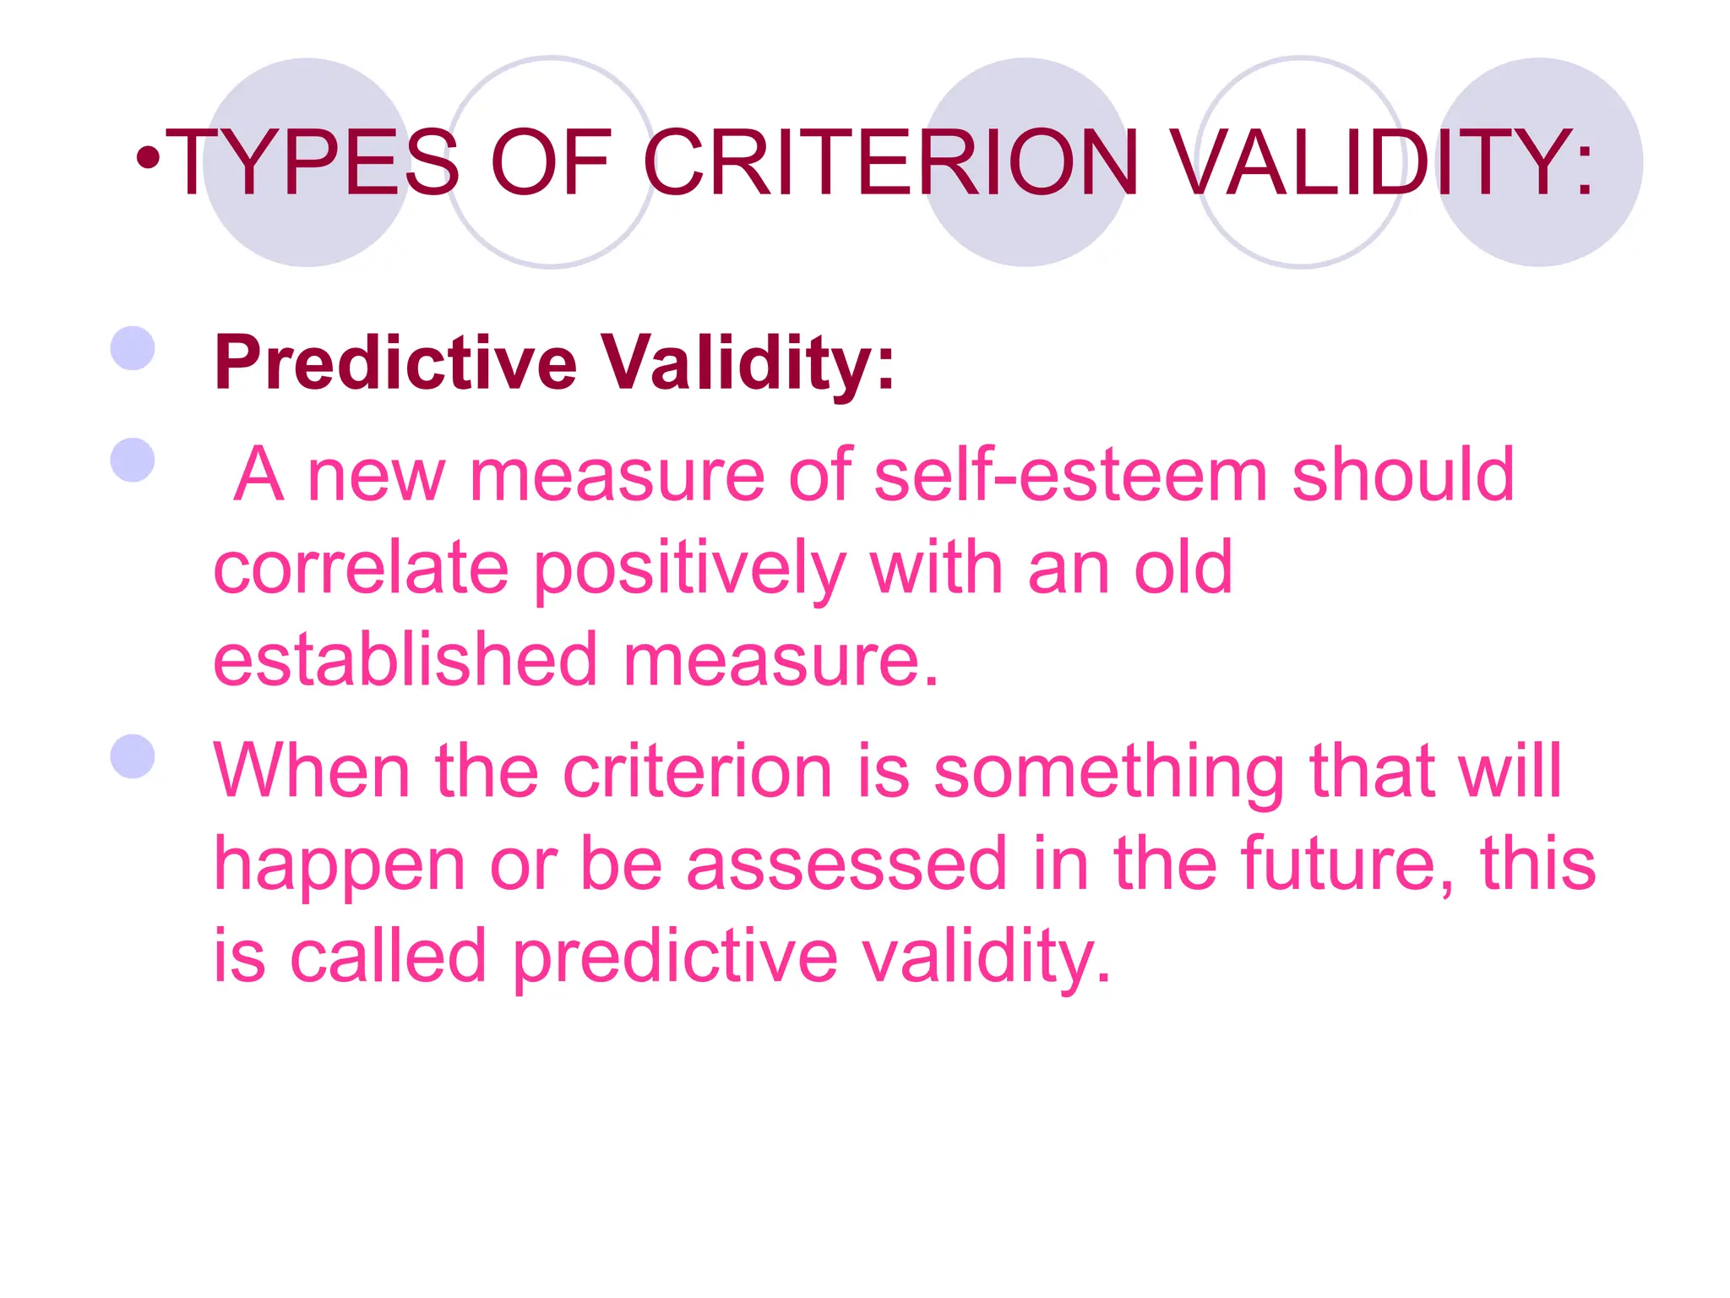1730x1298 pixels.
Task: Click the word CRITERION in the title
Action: [x=891, y=162]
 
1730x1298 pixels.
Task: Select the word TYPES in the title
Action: [x=313, y=162]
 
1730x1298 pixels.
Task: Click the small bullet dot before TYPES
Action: [x=149, y=157]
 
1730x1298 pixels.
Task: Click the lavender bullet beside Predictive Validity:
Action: [x=133, y=349]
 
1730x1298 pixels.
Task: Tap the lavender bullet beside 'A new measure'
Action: [x=133, y=460]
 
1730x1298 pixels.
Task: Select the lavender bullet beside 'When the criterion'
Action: [x=133, y=755]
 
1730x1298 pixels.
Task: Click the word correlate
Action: [x=361, y=568]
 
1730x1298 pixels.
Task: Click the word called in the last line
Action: [x=389, y=957]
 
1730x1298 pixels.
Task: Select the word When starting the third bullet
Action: [x=311, y=771]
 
